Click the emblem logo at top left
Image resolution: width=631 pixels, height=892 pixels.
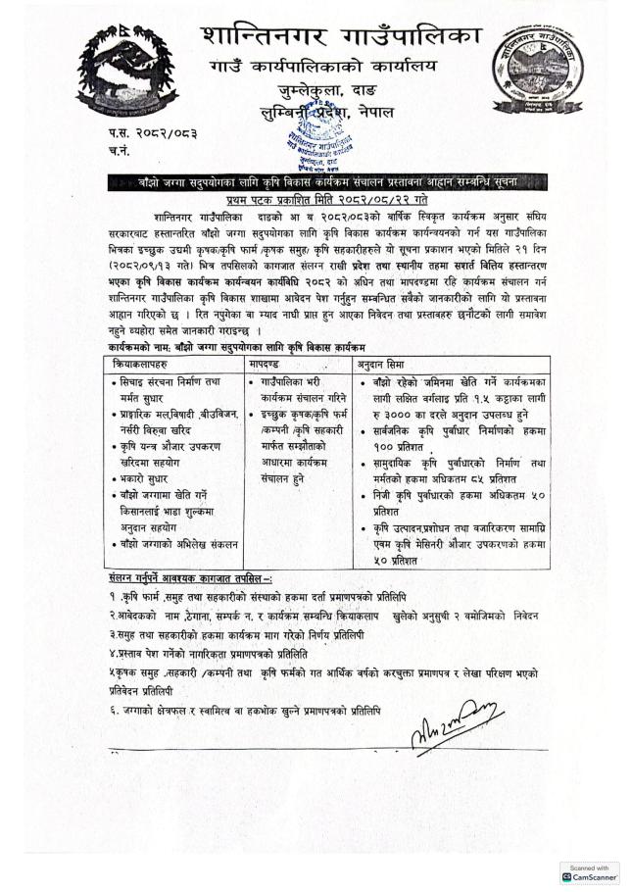pos(115,68)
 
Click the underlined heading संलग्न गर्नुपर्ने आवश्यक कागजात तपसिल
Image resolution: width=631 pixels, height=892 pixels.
pos(190,578)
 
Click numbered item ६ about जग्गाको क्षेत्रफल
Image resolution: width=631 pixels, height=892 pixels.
pos(244,709)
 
